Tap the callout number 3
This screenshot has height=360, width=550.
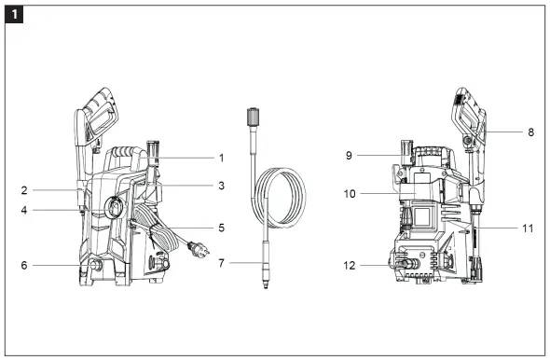pos(221,187)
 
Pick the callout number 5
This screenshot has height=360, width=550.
pos(221,227)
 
